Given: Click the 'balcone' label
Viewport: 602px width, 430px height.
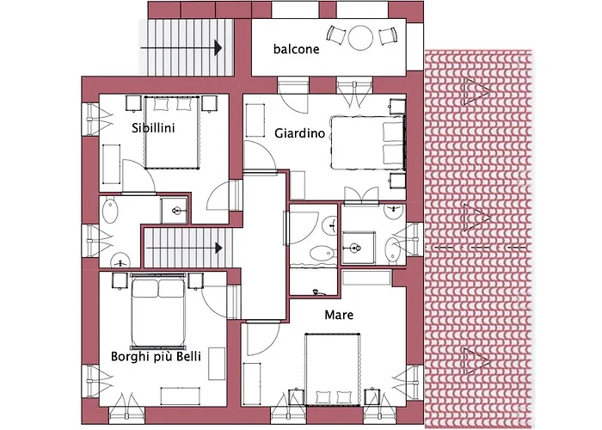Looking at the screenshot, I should [x=296, y=49].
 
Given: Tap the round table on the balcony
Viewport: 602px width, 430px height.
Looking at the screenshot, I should [x=359, y=37].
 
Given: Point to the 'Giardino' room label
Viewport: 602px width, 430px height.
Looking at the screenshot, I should [x=298, y=133].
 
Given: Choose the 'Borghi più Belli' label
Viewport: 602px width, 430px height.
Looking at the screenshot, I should [x=156, y=356].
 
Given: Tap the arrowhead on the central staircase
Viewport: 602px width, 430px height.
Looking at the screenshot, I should [x=218, y=247].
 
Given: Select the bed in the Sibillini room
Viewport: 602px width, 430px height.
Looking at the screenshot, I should [x=173, y=132].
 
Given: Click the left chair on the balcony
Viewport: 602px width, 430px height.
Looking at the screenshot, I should [x=335, y=37].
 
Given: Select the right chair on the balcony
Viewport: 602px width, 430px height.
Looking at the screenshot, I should [x=385, y=37].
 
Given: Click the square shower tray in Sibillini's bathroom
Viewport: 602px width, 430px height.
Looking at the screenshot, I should [x=175, y=209].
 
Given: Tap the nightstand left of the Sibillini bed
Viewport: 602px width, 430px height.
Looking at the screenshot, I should [x=133, y=102].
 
